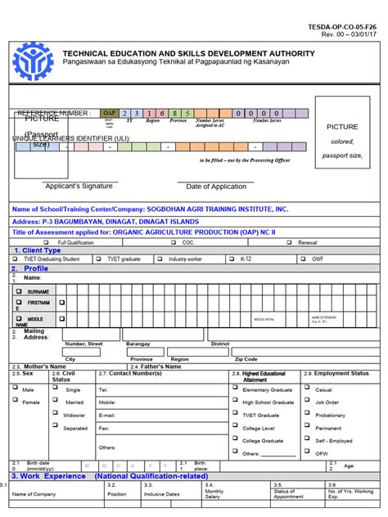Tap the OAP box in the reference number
(x=109, y=113)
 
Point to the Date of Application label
(x=216, y=187)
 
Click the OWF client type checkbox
(x=303, y=258)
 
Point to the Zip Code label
(x=246, y=359)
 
